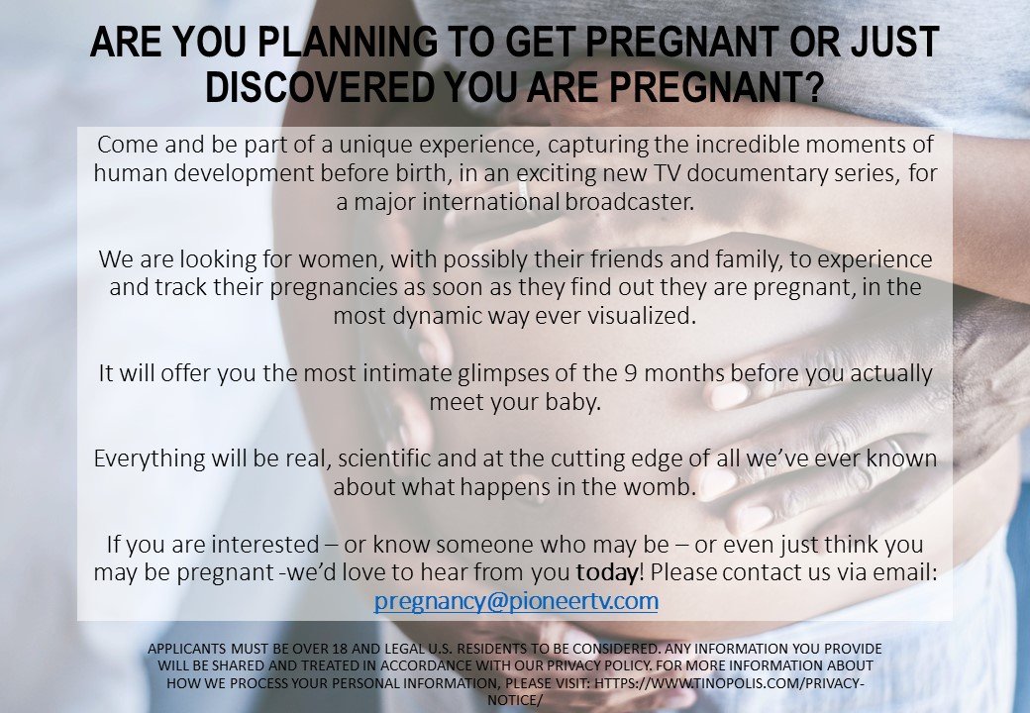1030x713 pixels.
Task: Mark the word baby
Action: (x=572, y=402)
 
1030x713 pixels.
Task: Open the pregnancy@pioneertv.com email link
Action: (x=515, y=600)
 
